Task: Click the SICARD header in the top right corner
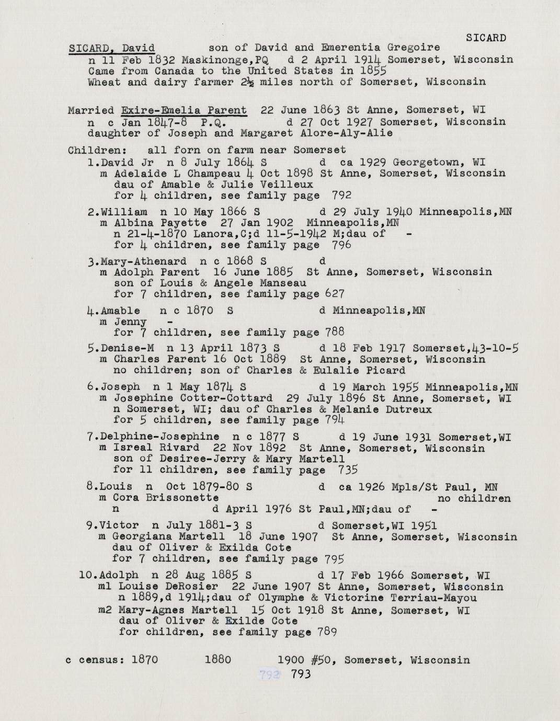486,38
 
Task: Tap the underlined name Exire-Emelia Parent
184,110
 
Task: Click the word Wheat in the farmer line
105,82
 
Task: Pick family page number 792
341,196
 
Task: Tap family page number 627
335,294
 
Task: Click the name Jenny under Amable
130,322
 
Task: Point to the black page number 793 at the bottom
301,674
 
